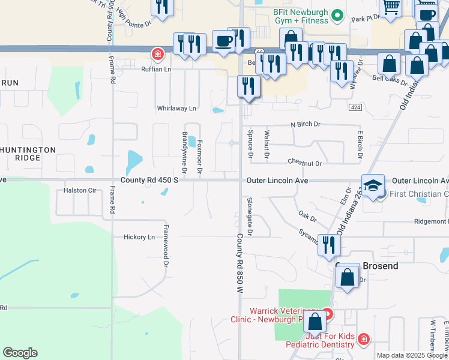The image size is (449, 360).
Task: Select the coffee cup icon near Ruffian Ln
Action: [x=224, y=42]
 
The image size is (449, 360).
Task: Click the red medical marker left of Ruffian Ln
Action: [x=158, y=55]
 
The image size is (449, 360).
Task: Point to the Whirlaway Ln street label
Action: [x=176, y=109]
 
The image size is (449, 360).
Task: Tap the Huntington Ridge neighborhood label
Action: [x=28, y=154]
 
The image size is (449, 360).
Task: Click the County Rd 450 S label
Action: [x=149, y=180]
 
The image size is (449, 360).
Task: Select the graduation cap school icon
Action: [x=373, y=185]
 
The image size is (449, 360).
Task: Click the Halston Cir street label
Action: [x=80, y=191]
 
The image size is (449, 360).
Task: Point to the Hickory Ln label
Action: [x=139, y=237]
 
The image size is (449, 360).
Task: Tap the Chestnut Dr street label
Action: [x=304, y=163]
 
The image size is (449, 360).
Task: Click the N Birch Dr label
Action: [x=306, y=124]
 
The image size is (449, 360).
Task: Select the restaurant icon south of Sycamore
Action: [x=329, y=245]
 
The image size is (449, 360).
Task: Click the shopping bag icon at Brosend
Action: [x=348, y=277]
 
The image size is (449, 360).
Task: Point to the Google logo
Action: [x=20, y=353]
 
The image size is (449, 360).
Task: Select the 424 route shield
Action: [x=355, y=107]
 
